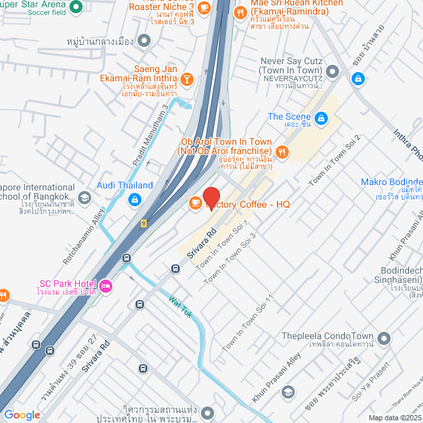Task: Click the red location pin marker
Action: point(211,198)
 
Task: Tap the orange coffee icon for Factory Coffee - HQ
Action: point(196,203)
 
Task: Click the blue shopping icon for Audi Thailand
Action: point(134,199)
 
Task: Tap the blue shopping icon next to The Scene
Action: point(321,118)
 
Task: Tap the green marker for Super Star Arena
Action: point(75,7)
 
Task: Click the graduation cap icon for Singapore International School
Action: point(84,197)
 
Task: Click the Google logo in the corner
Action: point(22,415)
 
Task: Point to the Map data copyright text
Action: point(394,418)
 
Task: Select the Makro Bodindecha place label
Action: point(391,182)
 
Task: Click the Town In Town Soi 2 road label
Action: point(328,167)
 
